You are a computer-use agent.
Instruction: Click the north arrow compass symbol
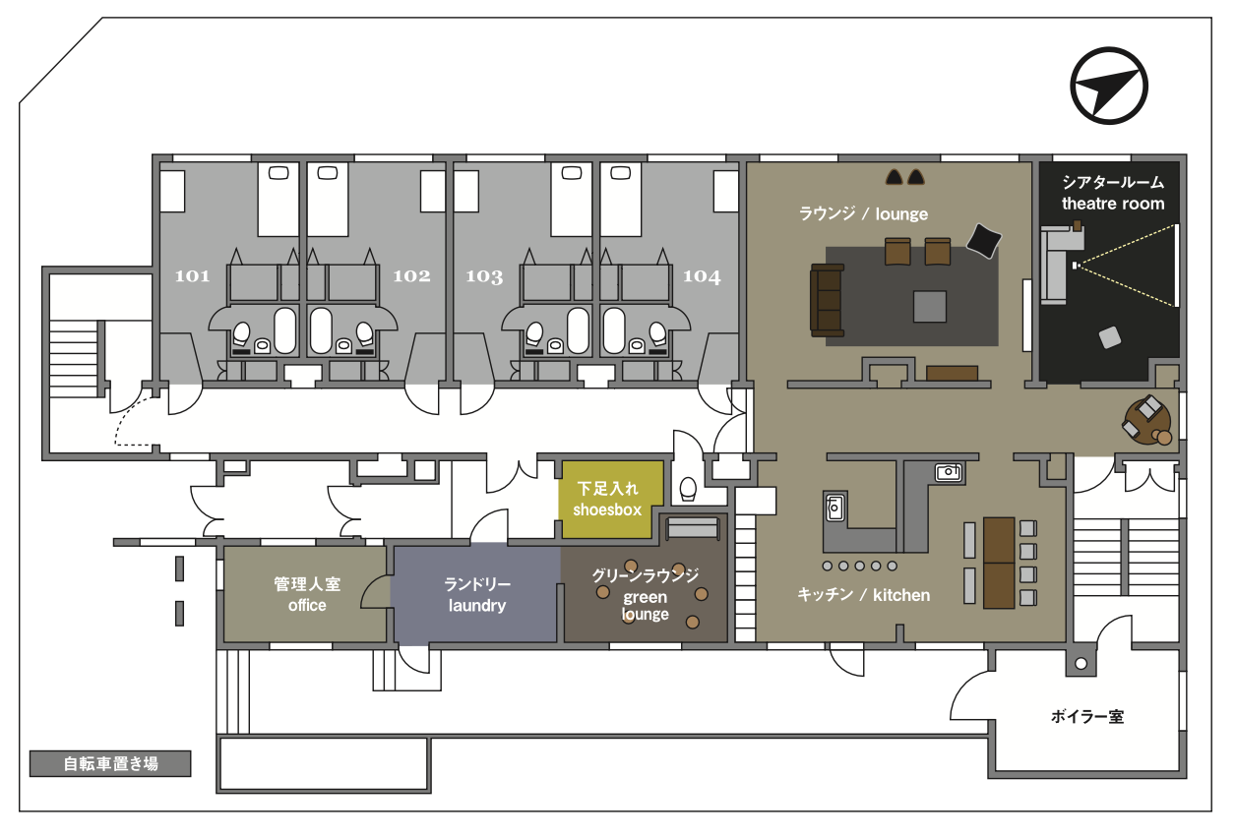coord(1109,86)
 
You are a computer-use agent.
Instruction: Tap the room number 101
coord(192,275)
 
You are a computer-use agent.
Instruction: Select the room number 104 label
coord(702,276)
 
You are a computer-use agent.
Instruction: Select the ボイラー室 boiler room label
coord(1087,717)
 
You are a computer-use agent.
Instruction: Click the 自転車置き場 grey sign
coord(110,763)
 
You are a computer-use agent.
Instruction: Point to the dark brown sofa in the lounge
coord(827,300)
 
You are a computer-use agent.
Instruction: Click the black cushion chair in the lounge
coord(983,241)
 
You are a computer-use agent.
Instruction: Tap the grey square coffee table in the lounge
coord(929,306)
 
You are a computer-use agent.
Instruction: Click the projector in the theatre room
coord(1076,266)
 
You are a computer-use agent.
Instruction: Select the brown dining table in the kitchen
coord(999,563)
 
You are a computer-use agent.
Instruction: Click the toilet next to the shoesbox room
coord(688,488)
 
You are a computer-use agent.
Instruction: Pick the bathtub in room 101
coord(284,330)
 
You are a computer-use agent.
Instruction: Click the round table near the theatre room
coord(1147,421)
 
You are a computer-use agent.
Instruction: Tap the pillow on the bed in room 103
coord(571,173)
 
